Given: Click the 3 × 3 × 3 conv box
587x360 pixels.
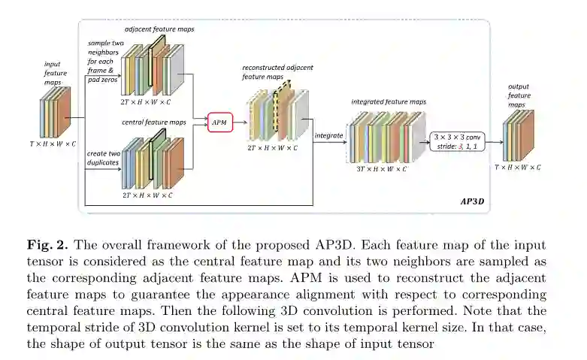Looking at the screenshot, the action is click(457, 141).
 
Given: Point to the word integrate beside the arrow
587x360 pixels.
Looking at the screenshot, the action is click(328, 135).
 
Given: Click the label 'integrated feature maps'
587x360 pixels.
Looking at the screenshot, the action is click(388, 100).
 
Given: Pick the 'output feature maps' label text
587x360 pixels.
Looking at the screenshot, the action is click(519, 95).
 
